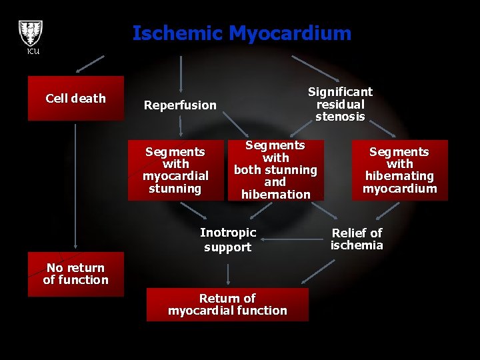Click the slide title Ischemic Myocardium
click(x=241, y=33)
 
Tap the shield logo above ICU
click(x=30, y=32)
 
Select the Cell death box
click(x=75, y=98)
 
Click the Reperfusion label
click(x=180, y=105)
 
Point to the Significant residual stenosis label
click(x=340, y=104)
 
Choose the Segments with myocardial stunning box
click(x=175, y=171)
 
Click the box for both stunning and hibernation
click(x=275, y=170)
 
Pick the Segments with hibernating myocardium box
click(x=399, y=170)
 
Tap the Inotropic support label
click(x=228, y=240)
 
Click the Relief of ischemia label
click(x=357, y=239)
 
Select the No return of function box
click(x=75, y=274)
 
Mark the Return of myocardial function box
click(x=227, y=305)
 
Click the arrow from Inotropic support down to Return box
click(x=228, y=273)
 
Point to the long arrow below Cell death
click(x=75, y=187)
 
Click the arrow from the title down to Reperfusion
click(x=181, y=72)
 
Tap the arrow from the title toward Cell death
click(x=90, y=63)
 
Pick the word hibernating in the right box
click(x=399, y=176)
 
